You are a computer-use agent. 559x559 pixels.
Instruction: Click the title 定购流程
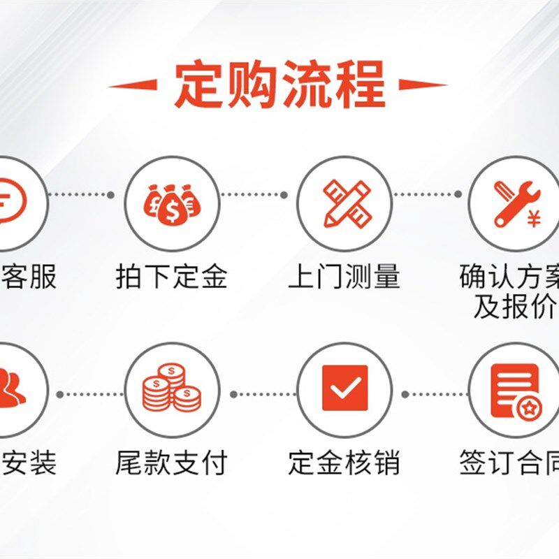[x=279, y=85]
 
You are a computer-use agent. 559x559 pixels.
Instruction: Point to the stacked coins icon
[x=171, y=388]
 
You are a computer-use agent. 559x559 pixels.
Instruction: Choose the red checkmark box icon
[x=344, y=388]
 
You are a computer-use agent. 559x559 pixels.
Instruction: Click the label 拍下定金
[x=171, y=277]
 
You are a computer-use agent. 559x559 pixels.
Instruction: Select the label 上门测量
[x=344, y=277]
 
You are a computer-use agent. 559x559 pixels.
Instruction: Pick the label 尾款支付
[x=171, y=463]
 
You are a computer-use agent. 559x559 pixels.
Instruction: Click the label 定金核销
[x=344, y=463]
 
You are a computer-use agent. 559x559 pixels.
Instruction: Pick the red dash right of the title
[x=423, y=86]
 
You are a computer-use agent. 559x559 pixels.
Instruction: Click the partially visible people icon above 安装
[x=10, y=389]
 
